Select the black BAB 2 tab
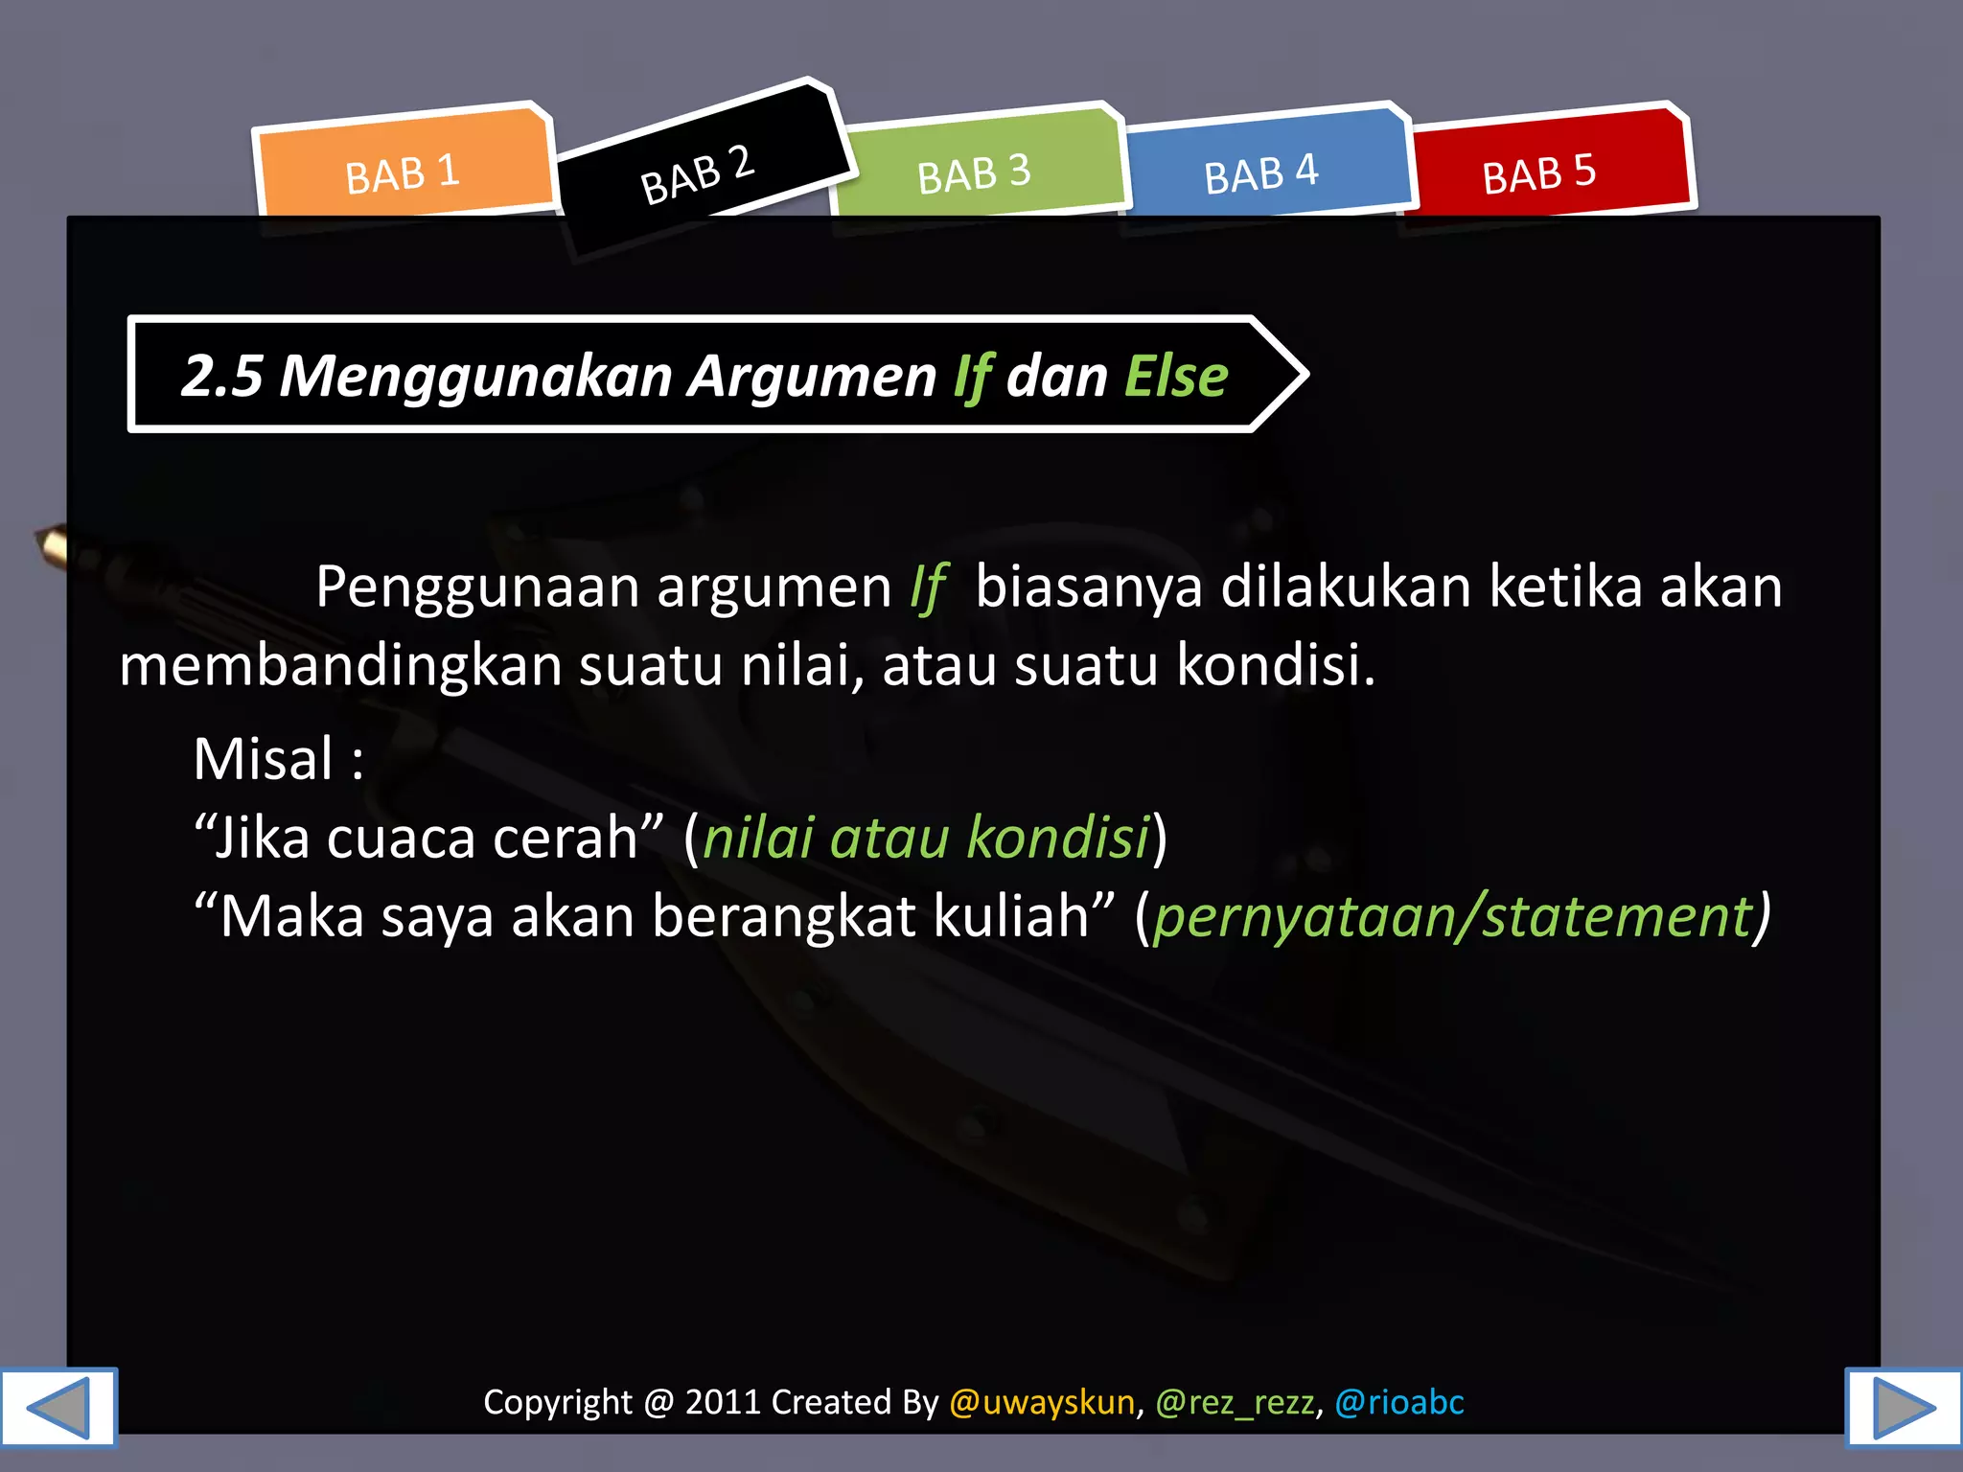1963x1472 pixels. [698, 174]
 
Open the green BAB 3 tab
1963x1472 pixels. [974, 172]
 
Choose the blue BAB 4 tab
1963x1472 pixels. [1261, 172]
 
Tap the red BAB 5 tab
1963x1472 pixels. [1539, 172]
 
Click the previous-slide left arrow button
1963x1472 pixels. [58, 1407]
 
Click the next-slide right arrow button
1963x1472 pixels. [1904, 1407]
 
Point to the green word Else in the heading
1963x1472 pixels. [1175, 376]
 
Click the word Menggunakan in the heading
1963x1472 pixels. [475, 376]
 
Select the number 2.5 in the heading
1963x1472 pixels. [221, 376]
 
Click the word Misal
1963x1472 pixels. [264, 759]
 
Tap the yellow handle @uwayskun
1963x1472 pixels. [1042, 1402]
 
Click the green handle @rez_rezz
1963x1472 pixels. [1235, 1402]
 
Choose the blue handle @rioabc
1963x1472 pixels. [1399, 1402]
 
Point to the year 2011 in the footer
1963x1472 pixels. [722, 1402]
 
